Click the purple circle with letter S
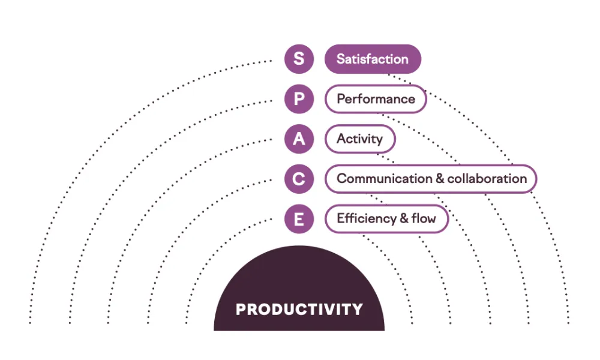click(299, 59)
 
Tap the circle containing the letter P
click(299, 99)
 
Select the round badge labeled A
click(299, 139)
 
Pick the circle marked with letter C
click(299, 179)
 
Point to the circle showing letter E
click(299, 219)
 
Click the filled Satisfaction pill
click(373, 59)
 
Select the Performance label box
click(376, 99)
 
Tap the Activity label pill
click(360, 139)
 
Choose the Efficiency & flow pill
click(386, 219)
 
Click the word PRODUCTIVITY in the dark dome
click(299, 310)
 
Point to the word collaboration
click(487, 179)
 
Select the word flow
click(424, 218)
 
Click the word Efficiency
click(367, 219)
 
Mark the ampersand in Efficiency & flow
click(404, 218)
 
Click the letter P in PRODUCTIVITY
click(241, 310)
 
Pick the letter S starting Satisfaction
click(341, 59)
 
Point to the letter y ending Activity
click(379, 140)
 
